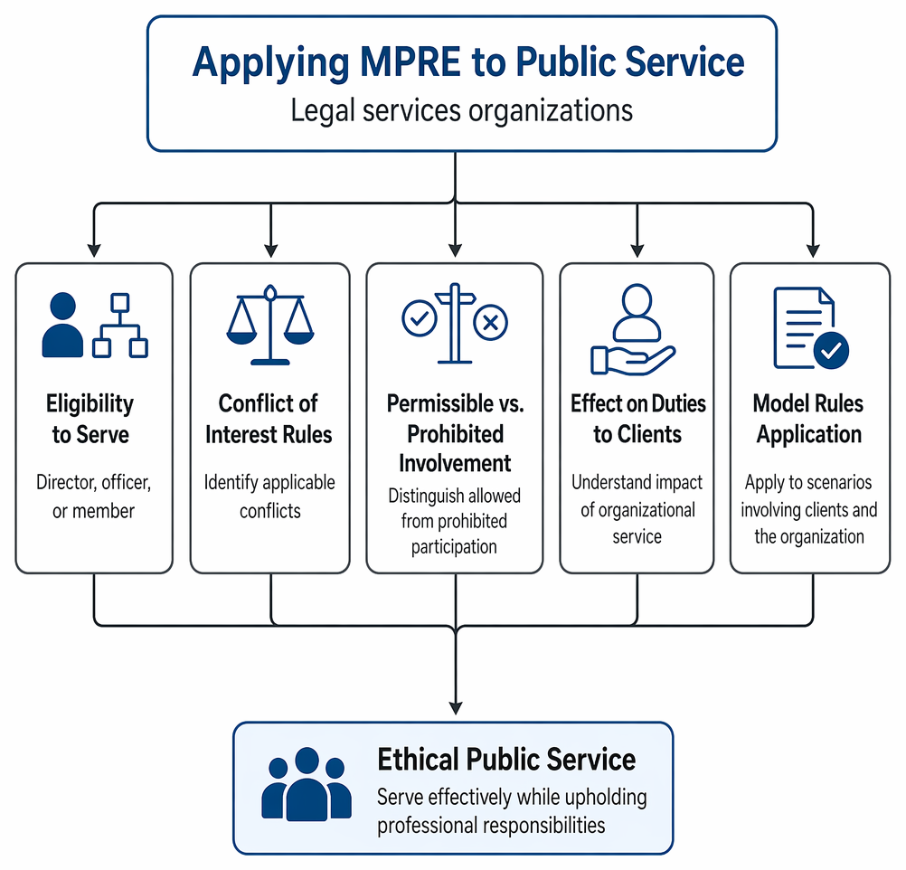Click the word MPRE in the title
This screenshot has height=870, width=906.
tap(411, 61)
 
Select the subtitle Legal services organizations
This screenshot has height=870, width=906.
tap(462, 109)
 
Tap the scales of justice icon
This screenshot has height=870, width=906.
tap(269, 325)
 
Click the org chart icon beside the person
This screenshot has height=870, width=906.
tap(120, 326)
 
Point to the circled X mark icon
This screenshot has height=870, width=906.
tap(491, 322)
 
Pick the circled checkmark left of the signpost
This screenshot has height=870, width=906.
tap(420, 318)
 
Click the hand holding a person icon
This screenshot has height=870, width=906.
tap(633, 329)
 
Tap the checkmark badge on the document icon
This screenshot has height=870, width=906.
tap(831, 350)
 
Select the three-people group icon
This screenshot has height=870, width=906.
tap(307, 784)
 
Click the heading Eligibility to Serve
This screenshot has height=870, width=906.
tap(90, 419)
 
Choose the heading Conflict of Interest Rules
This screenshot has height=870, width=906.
tap(269, 419)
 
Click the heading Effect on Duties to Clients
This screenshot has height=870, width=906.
tap(637, 419)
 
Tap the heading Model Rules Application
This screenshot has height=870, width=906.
tap(808, 419)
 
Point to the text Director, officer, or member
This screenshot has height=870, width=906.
tap(94, 496)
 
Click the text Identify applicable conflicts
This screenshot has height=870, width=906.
tap(269, 496)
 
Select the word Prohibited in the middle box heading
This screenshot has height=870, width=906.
tap(456, 434)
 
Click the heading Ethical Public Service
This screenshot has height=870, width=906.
tap(506, 760)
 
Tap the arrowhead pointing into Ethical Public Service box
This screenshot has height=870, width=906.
tap(456, 708)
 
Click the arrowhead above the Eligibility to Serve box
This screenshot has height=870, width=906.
tap(94, 251)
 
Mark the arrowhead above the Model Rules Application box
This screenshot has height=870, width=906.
tap(813, 251)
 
